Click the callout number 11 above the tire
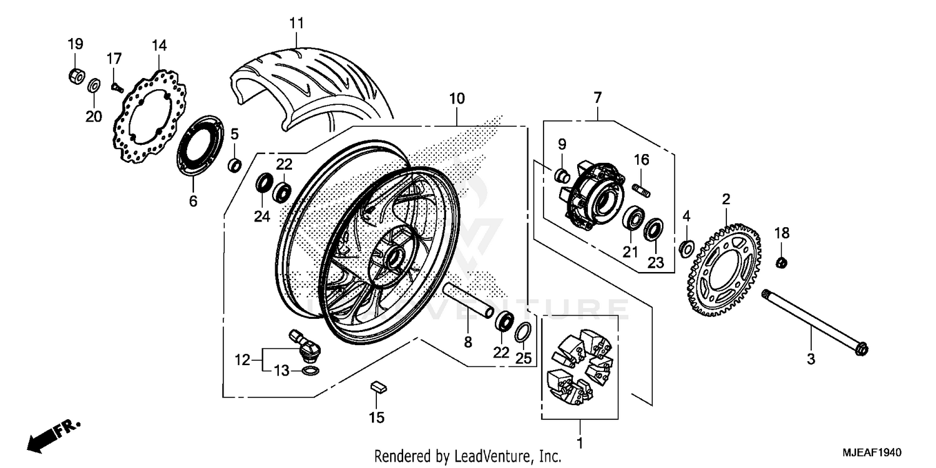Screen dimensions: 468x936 [296, 24]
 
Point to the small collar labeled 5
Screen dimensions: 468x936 [235, 165]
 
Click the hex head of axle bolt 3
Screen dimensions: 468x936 [862, 350]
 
